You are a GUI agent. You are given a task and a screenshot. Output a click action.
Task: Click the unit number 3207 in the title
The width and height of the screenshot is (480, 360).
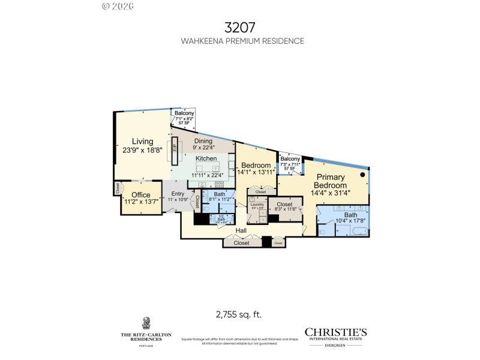(239, 27)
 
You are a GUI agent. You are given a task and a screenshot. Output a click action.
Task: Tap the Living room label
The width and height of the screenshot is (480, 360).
(142, 142)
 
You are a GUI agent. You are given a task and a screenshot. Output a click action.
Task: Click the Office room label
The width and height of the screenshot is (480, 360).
(140, 195)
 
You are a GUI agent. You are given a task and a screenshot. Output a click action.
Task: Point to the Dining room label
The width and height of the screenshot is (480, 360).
(203, 141)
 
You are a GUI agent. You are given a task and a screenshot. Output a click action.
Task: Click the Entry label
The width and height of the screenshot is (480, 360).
(178, 193)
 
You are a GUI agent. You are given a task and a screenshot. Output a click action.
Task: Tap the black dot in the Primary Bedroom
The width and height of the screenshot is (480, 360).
(362, 175)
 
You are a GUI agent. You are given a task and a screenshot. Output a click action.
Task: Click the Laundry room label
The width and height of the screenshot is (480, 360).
(257, 205)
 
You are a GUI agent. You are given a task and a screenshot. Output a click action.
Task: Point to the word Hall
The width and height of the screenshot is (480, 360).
(241, 230)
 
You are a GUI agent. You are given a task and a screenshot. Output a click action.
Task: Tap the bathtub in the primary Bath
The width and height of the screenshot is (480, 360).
(359, 231)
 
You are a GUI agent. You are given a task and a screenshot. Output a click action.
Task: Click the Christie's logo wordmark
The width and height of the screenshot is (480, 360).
(335, 332)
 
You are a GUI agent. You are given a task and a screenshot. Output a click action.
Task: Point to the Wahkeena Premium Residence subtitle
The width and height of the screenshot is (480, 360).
(242, 41)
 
